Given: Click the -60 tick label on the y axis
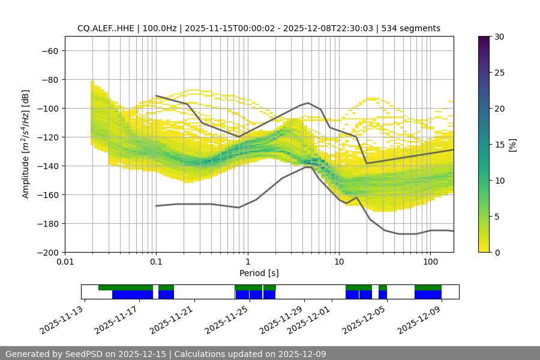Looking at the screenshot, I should [x=49, y=50].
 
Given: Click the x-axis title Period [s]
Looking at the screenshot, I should [x=259, y=273].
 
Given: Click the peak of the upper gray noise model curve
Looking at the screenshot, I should [x=308, y=103].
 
